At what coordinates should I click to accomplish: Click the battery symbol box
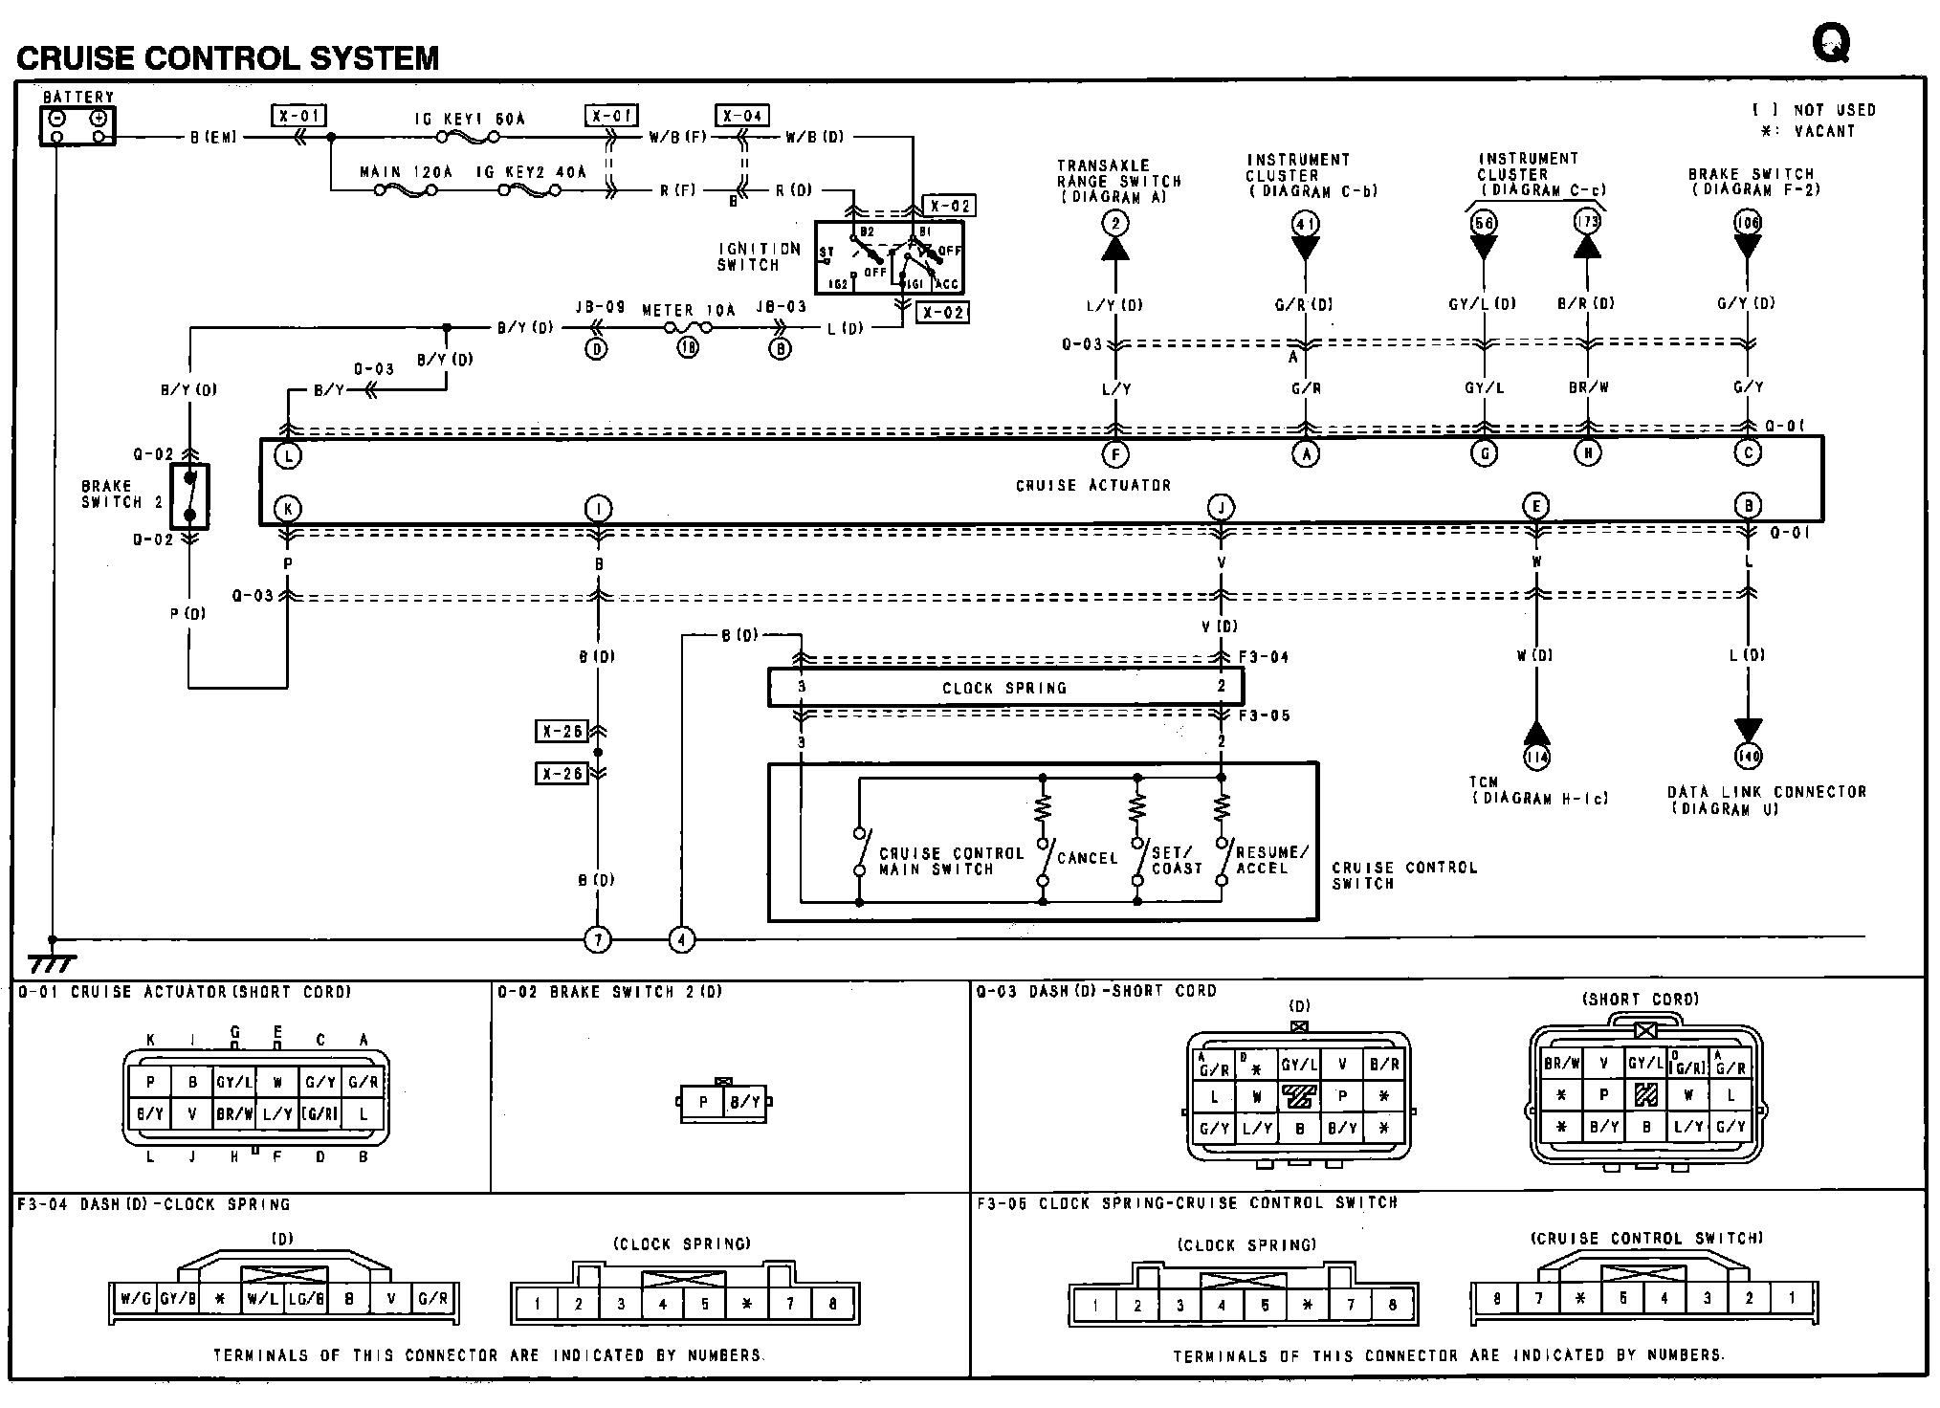[77, 125]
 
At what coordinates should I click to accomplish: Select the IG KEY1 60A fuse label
[470, 120]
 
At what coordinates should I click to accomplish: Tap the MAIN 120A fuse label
[406, 172]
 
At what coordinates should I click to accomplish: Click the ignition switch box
[889, 257]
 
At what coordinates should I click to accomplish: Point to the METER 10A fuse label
[688, 310]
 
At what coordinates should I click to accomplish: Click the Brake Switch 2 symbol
[189, 496]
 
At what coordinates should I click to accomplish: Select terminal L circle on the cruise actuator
[287, 456]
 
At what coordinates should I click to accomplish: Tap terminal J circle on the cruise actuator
[1220, 507]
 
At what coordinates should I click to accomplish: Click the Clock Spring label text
[1003, 688]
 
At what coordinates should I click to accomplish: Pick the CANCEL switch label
[1087, 858]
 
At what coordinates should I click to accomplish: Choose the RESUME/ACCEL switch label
[1271, 859]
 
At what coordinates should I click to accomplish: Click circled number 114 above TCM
[1536, 758]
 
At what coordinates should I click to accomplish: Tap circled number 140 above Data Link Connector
[1748, 757]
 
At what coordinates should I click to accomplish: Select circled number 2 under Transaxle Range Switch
[1114, 224]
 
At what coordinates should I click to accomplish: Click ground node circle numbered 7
[598, 940]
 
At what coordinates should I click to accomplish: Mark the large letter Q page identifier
[1830, 43]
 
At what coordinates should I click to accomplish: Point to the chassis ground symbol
[52, 961]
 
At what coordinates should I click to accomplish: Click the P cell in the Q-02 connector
[703, 1102]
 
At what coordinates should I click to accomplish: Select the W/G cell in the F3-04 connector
[131, 1299]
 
